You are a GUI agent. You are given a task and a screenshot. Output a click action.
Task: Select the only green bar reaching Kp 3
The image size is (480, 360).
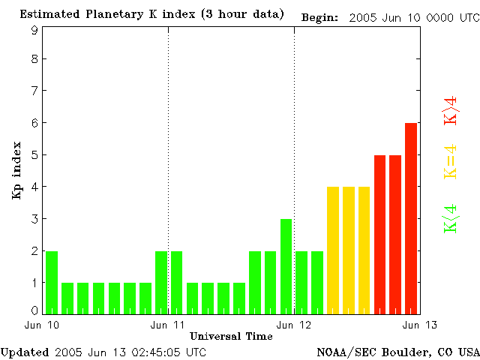[286, 266]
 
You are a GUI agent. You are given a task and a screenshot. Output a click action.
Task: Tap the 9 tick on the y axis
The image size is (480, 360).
[34, 31]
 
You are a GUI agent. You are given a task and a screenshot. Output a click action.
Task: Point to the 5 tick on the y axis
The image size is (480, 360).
[34, 155]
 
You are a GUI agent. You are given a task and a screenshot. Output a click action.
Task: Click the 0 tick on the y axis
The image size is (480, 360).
[34, 310]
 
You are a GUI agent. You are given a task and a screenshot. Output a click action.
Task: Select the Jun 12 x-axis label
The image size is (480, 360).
[293, 325]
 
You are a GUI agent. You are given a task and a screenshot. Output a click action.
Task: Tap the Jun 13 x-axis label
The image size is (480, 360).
[419, 325]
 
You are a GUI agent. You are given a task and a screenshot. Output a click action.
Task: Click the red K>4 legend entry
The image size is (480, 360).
[451, 110]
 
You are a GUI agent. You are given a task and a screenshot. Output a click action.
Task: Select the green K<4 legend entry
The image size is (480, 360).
[451, 218]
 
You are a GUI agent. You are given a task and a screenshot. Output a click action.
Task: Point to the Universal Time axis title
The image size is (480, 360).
[231, 336]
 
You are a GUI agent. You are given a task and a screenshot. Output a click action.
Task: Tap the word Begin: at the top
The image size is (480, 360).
[320, 16]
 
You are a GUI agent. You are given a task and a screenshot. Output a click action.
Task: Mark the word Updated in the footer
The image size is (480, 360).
[25, 351]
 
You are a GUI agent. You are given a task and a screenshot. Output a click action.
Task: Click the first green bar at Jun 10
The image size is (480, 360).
[52, 283]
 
